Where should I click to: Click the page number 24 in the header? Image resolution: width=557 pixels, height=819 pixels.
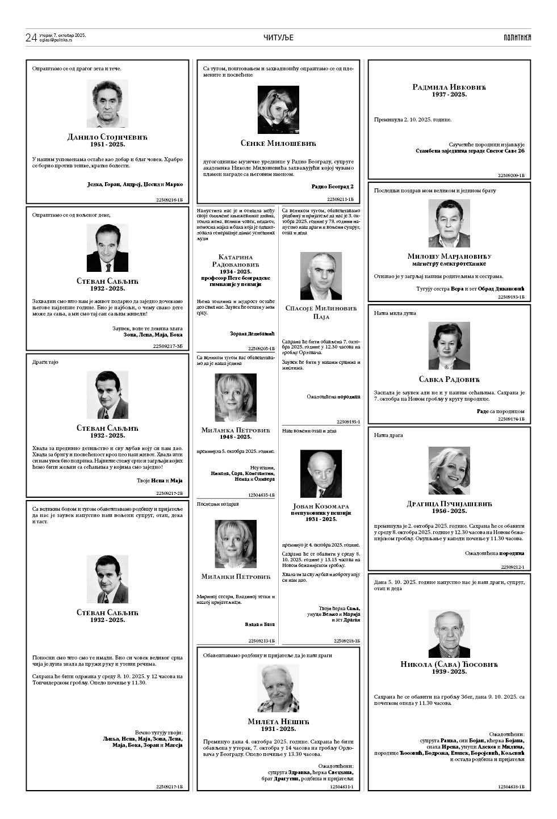click(x=31, y=37)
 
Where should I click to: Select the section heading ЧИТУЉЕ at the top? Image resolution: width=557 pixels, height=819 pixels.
click(x=278, y=37)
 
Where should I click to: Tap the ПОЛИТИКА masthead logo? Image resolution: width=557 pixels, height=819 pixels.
click(x=517, y=37)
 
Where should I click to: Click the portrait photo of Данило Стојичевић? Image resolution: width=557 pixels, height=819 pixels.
click(x=107, y=103)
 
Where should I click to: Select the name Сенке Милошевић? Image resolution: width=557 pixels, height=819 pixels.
click(x=278, y=143)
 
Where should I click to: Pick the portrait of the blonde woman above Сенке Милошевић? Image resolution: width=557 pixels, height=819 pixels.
click(x=278, y=110)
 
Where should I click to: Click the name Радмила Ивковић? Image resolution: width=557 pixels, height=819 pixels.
click(x=449, y=87)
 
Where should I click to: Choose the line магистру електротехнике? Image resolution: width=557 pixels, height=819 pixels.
click(x=449, y=263)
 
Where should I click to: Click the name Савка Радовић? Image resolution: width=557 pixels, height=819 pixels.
click(x=449, y=379)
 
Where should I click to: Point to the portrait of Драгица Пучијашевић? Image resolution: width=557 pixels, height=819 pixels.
click(x=449, y=471)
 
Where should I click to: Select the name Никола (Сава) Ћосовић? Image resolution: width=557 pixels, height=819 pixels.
click(x=449, y=663)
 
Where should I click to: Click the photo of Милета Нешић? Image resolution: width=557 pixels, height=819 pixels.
click(x=278, y=688)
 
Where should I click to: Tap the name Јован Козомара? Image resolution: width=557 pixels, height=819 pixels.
click(x=321, y=506)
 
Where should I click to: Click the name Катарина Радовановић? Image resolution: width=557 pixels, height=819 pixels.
click(x=235, y=261)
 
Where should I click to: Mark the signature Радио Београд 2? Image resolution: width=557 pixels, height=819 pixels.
click(x=333, y=186)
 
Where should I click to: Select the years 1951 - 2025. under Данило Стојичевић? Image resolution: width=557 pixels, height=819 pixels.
click(x=107, y=145)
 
